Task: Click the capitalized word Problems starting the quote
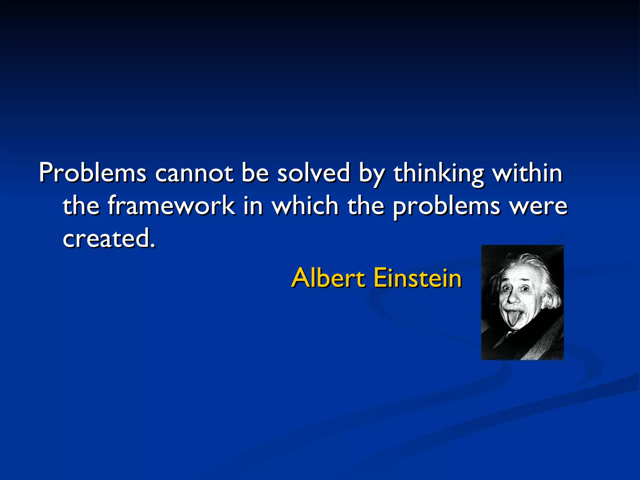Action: click(x=92, y=172)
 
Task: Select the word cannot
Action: click(x=194, y=172)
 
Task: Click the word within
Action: click(x=527, y=172)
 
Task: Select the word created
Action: click(x=106, y=238)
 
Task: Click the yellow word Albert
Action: click(x=328, y=277)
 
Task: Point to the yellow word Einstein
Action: click(x=417, y=277)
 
